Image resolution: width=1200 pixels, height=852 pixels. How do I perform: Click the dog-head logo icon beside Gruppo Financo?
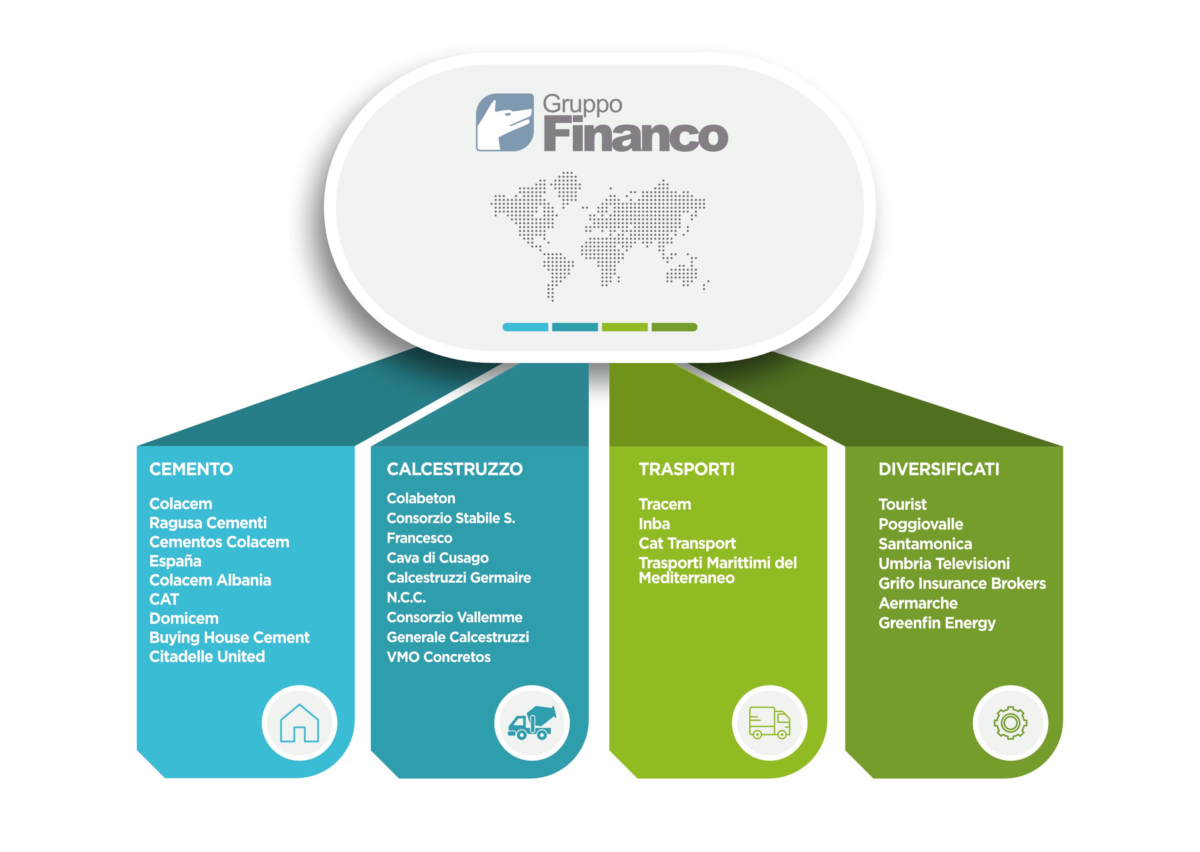coord(504,122)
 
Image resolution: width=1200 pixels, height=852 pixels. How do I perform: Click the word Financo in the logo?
coord(635,134)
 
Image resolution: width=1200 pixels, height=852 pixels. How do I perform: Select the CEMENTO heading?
coord(191,469)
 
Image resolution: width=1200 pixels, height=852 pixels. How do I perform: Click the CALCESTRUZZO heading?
coord(455,469)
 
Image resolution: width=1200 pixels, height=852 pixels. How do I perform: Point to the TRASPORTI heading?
coord(686,469)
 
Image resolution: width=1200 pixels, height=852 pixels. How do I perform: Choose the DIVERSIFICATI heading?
coord(939,469)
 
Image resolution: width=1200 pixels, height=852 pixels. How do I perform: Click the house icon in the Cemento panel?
coord(299,723)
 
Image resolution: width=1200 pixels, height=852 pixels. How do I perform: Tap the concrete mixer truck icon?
coord(532,723)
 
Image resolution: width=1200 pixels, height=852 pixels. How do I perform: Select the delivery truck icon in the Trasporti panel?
coord(770,723)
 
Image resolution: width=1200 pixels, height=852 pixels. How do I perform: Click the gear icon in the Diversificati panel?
coord(1010,723)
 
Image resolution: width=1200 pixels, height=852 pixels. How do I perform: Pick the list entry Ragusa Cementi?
coord(208,523)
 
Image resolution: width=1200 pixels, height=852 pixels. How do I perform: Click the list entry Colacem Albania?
coord(210,580)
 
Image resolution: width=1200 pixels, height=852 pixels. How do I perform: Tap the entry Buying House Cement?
coord(229,638)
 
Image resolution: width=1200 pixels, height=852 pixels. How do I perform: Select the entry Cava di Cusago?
coord(437,558)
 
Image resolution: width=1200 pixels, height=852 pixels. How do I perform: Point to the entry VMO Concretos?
coord(439,657)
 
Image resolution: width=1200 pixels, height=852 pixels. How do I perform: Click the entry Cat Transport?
coord(687,543)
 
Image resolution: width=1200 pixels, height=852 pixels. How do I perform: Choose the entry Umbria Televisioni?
coord(944,564)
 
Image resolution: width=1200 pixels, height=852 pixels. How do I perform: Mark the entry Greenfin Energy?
coord(937,623)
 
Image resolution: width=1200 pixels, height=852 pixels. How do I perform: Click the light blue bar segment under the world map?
coord(525,327)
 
